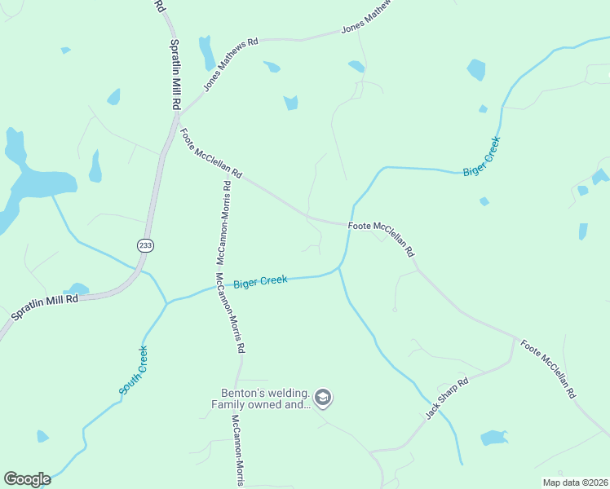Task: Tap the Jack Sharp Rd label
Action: pos(447,399)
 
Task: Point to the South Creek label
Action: pos(134,371)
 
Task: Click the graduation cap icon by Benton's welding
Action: pos(324,398)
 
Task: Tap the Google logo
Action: pos(27,479)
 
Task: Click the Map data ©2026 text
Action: pos(574,482)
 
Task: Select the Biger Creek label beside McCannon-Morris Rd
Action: pos(260,283)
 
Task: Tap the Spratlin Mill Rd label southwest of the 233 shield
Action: pos(44,306)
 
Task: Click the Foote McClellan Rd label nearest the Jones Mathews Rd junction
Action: pos(211,154)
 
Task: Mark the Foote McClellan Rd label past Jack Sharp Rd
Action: pos(548,368)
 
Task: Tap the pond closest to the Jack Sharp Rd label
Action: pos(493,438)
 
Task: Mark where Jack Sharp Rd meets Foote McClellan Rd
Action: pos(514,337)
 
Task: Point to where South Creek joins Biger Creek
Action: pos(167,302)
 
